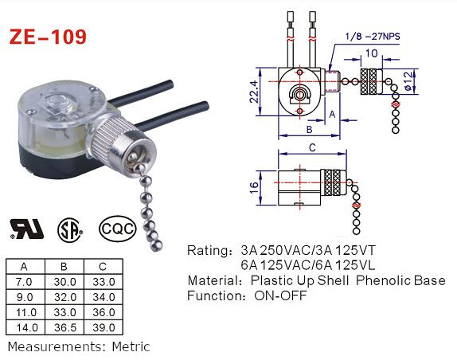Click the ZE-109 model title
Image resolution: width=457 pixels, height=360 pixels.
coord(47,37)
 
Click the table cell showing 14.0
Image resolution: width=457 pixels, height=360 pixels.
coord(25,327)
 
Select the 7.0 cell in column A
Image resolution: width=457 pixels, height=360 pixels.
coord(25,281)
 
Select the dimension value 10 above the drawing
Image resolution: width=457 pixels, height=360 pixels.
coord(371,54)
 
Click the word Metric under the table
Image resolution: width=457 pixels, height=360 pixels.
coord(129,347)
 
